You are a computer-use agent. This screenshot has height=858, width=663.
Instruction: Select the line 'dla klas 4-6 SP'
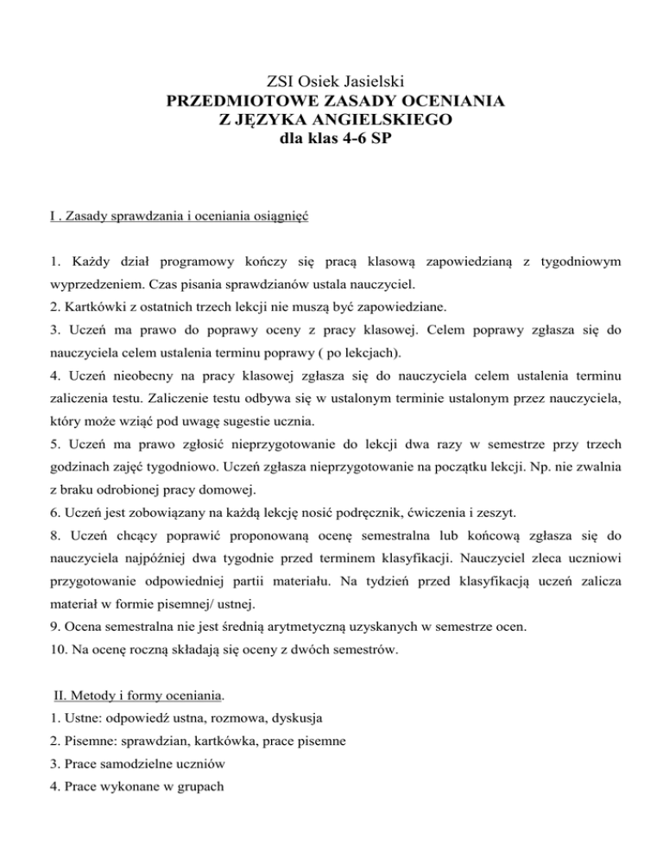click(x=331, y=139)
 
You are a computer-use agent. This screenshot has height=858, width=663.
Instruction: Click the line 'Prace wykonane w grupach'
click(x=119, y=814)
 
